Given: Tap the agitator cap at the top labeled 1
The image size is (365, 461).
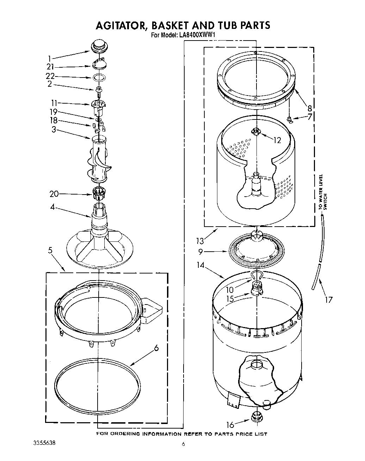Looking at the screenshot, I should tap(99, 46).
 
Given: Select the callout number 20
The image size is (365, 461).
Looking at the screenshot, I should tap(54, 194).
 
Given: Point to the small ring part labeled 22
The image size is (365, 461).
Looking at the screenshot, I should tap(99, 77).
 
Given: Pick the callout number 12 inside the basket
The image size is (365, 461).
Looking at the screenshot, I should tap(277, 140).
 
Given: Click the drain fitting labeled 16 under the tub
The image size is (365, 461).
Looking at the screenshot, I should tap(257, 417).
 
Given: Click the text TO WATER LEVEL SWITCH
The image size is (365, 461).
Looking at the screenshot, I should tap(323, 192).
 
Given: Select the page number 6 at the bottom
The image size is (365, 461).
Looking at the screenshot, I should tap(183, 444).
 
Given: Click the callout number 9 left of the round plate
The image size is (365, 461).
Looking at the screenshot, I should tap(200, 252).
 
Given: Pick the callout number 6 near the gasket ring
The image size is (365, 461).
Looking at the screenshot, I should tap(156, 349).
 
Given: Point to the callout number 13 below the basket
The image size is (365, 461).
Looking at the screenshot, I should tap(200, 241).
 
